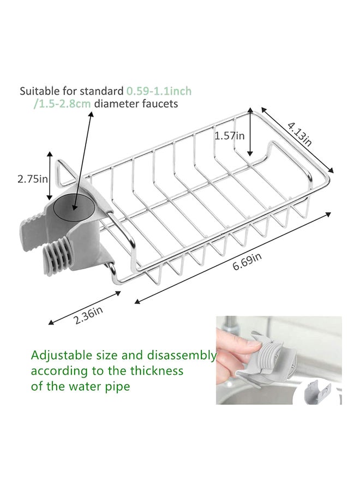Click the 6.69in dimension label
[x=247, y=266]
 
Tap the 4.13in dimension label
[x=300, y=134]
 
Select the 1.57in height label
[x=229, y=136]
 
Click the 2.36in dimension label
[x=88, y=315]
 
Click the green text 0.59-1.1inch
[x=159, y=91]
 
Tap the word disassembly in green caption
[x=185, y=356]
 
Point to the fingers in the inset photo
[x=232, y=349]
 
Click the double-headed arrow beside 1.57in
[x=250, y=136]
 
